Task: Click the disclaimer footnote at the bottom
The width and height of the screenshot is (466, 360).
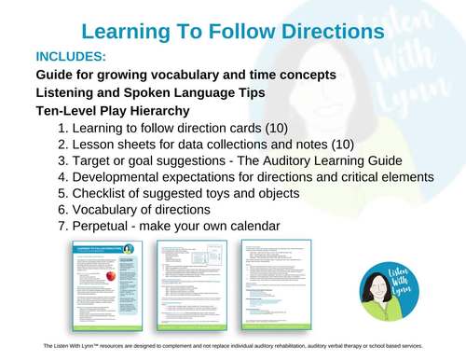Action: tap(233, 346)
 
